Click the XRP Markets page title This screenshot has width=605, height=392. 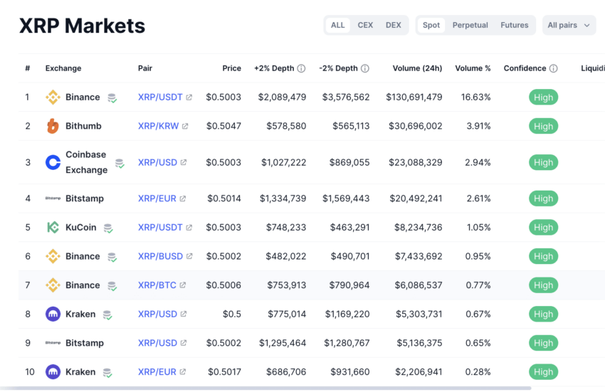pos(82,26)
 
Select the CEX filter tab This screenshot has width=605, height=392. pos(365,25)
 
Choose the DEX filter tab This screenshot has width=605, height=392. pos(393,25)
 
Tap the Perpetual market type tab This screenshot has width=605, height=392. pos(470,25)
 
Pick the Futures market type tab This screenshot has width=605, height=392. pos(514,25)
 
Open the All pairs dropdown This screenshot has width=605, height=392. pos(569,25)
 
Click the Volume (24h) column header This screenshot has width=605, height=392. pos(417,68)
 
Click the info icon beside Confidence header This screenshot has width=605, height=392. pos(554,69)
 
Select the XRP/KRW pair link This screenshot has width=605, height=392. pos(159,126)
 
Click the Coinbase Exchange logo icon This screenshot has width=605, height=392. pos(53,162)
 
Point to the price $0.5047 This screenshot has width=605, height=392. pos(223,126)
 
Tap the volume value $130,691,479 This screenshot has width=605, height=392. pos(414,97)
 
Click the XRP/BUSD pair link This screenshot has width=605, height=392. pos(160,256)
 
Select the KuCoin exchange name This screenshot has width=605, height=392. pos(80,228)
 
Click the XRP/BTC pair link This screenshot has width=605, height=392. pos(157,285)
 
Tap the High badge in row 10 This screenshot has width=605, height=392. pos(543,371)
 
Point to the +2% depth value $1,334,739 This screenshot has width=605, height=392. pos(283,198)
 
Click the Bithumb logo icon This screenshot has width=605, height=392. pos(53,126)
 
